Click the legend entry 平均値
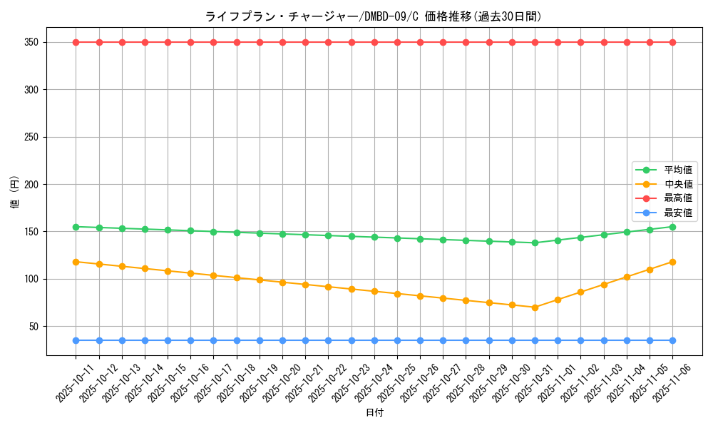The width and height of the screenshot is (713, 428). (x=678, y=170)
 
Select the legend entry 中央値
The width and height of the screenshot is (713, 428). (x=678, y=184)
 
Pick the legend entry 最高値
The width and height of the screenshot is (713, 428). (x=678, y=198)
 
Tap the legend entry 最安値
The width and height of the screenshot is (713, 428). (x=678, y=213)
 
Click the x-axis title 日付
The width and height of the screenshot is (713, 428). (x=374, y=413)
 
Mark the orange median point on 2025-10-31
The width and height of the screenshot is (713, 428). (x=535, y=307)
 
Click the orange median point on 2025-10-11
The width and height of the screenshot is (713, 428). (x=76, y=262)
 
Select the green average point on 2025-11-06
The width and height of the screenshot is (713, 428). (x=672, y=227)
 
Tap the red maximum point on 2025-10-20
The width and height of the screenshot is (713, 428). (x=282, y=42)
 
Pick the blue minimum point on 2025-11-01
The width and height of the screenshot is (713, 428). (x=558, y=340)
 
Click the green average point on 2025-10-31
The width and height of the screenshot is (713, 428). (x=535, y=243)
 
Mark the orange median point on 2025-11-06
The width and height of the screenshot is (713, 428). (x=672, y=262)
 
